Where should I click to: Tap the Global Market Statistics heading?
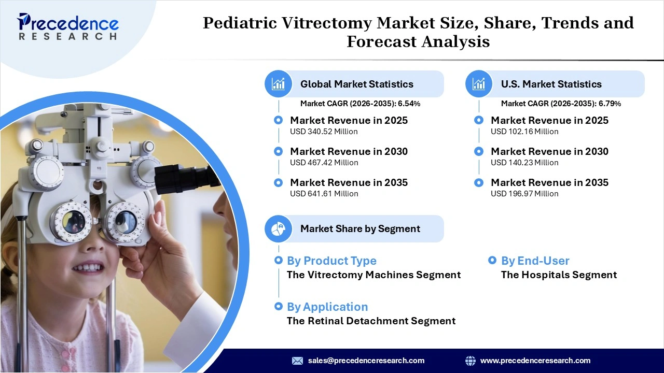coord(356,84)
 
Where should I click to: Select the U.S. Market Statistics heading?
coord(551,84)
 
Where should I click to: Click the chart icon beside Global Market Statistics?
coord(279,84)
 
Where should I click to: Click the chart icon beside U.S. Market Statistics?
coord(479,84)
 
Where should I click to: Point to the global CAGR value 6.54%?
coord(409,104)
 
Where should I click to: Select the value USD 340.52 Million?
coord(324,132)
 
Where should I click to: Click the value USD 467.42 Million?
coord(324,163)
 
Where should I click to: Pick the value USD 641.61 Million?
coord(324,194)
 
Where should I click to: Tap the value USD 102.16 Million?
coord(524,132)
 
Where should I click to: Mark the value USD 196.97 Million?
coord(524,194)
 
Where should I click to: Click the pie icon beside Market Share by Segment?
coord(279,228)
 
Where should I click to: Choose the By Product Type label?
coord(331,261)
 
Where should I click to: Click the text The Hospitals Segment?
coord(559,275)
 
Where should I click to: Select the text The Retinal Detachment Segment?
coord(371,321)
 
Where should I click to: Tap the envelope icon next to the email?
coord(297,361)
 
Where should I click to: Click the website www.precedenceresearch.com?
coord(535,361)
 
